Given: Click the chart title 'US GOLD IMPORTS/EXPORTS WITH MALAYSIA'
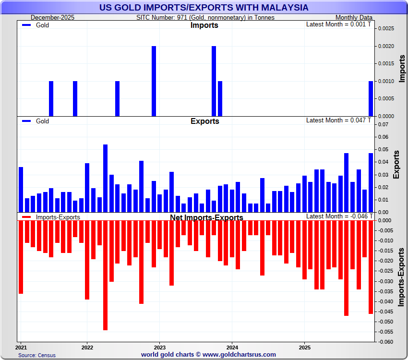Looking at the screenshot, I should click(x=204, y=8).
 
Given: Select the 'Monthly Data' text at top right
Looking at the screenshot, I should click(x=354, y=17).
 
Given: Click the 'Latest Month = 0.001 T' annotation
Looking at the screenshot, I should click(x=338, y=24).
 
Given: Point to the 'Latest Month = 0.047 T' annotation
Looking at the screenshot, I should click(x=338, y=120).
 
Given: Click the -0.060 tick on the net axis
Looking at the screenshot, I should click(x=384, y=342).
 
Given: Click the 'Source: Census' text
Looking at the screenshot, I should click(x=37, y=355).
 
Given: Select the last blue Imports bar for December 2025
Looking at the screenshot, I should click(x=371, y=98).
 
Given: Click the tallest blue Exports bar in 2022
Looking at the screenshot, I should click(x=105, y=178).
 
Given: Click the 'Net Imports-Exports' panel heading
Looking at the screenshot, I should click(x=206, y=217).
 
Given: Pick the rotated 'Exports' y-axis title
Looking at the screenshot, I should click(x=396, y=165).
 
